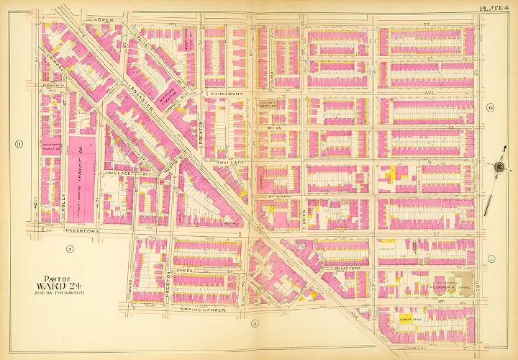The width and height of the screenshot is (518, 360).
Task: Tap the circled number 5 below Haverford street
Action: click(70, 249)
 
